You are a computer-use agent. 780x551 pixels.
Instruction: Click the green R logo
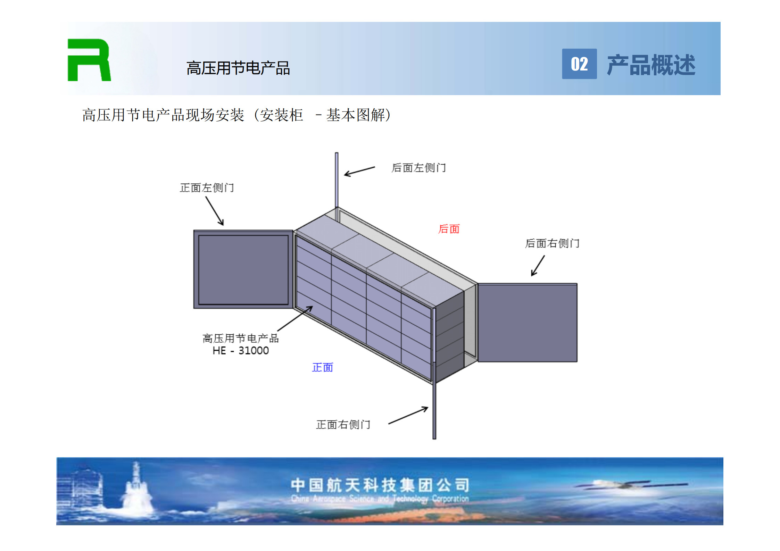point(89,60)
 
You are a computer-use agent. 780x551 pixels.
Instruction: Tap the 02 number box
point(579,64)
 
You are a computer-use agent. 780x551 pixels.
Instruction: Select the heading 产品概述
point(651,65)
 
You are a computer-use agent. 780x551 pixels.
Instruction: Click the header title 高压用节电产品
point(238,68)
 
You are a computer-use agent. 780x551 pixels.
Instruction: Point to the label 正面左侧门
point(207,188)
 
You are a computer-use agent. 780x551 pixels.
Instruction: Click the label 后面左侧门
point(419,168)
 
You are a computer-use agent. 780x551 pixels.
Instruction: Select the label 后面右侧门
point(552,243)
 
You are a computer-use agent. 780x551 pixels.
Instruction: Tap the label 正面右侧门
point(343,424)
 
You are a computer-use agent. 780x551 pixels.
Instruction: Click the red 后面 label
point(449,229)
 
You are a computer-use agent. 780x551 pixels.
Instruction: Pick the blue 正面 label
point(323,367)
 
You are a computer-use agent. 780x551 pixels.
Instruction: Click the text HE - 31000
point(241,351)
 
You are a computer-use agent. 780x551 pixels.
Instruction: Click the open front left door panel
point(243,269)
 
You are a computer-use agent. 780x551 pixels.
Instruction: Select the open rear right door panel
point(528,323)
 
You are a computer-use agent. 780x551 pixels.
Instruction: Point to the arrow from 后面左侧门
point(359,171)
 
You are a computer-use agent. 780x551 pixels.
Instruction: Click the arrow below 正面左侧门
point(215,211)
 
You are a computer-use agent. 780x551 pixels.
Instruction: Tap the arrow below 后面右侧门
point(538,266)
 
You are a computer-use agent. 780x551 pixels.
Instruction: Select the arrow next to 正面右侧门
point(408,415)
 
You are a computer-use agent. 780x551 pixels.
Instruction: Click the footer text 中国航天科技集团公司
point(380,485)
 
